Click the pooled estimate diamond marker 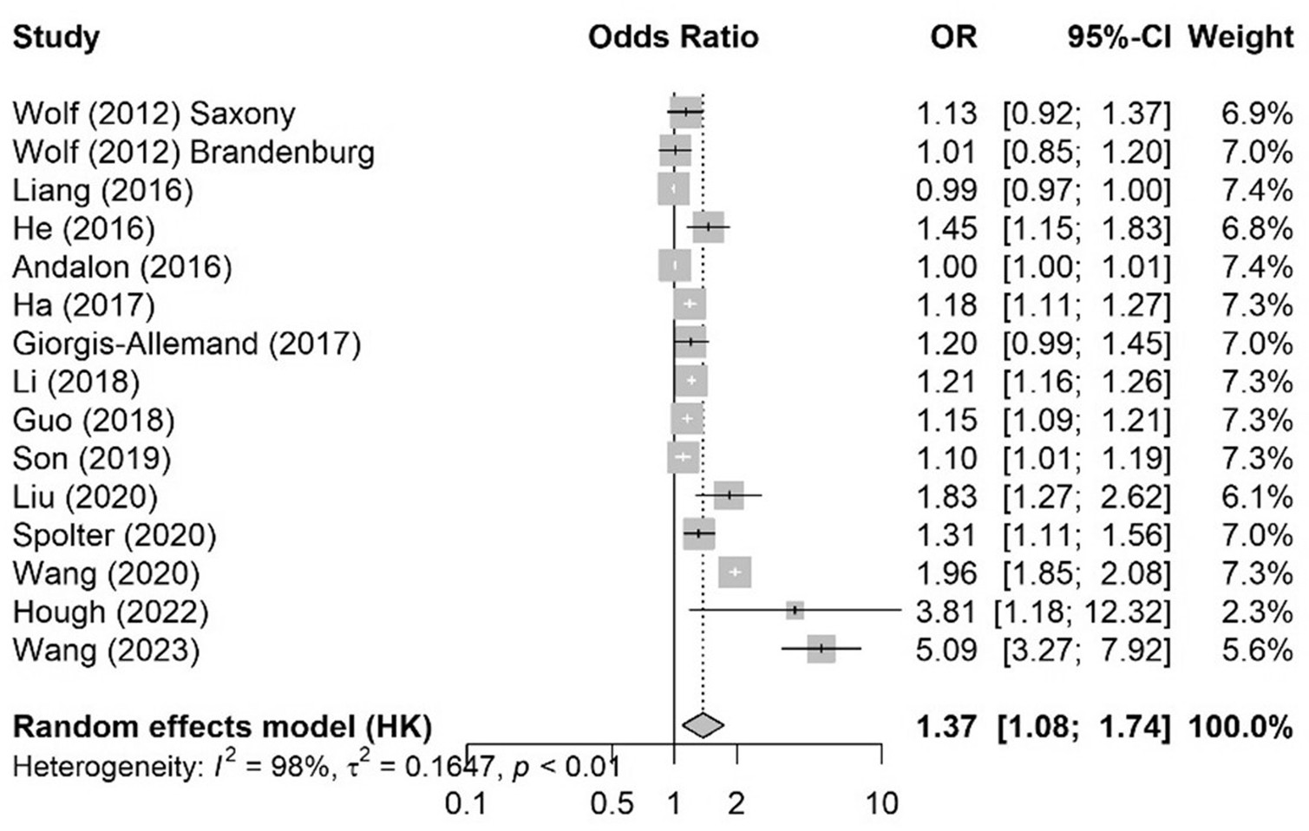point(703,725)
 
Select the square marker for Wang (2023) point(821,649)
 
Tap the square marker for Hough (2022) point(795,611)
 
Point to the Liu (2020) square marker point(729,495)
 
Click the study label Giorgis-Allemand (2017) point(187,344)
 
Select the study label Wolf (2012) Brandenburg point(193,152)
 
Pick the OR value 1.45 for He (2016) point(946,228)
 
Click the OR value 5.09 point(946,650)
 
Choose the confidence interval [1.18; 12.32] point(1083,612)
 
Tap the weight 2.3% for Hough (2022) point(1257,612)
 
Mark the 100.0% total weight point(1240,726)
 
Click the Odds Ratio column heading point(673,36)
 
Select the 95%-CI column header point(1118,36)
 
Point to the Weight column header point(1240,36)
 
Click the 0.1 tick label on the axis point(466,803)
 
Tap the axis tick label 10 point(881,803)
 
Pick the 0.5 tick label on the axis point(612,803)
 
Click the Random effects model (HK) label point(222,726)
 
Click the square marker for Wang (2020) point(735,573)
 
